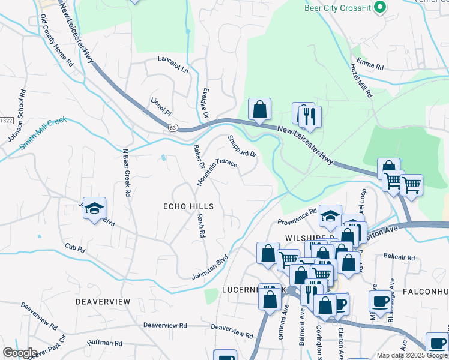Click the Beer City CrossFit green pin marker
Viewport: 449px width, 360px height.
[x=379, y=7]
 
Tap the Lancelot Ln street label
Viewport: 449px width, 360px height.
[x=173, y=65]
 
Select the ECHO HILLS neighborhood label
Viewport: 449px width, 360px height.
[x=188, y=206]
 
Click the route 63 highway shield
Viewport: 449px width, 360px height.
[x=173, y=127]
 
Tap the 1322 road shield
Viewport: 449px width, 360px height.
[x=6, y=121]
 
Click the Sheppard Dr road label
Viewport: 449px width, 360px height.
[x=242, y=146]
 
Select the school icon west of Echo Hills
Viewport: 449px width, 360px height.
[x=94, y=208]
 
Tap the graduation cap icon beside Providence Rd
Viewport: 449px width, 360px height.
[x=330, y=216]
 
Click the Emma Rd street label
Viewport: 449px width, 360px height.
[x=369, y=62]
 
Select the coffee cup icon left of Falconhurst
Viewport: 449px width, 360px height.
[x=381, y=301]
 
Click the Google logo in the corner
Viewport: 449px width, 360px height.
[x=20, y=353]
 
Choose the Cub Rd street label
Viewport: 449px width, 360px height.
[x=75, y=247]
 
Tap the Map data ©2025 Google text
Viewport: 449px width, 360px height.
[x=411, y=355]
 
